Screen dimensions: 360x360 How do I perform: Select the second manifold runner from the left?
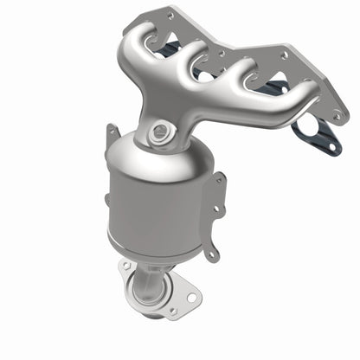(x=187, y=61)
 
